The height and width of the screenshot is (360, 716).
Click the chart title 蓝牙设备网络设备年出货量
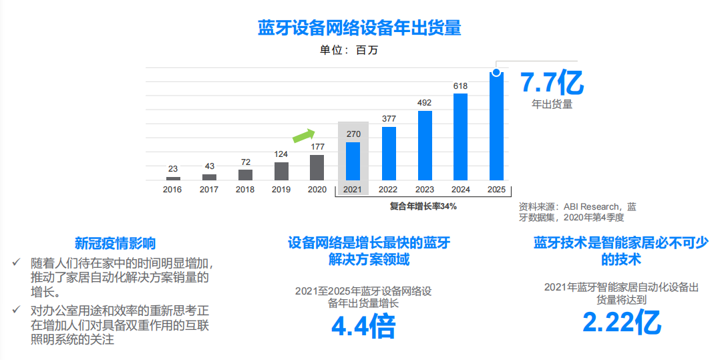pos(359,29)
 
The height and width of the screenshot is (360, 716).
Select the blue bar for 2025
pos(497,127)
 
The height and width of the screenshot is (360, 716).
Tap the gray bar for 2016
pos(173,178)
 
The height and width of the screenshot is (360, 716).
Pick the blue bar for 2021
pos(353,161)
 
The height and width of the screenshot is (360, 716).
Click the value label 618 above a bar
pos(460,86)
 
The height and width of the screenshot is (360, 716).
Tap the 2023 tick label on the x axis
pos(425,190)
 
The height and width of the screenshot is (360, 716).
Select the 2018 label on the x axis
pos(245,190)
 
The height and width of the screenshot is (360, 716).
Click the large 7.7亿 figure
pos(552,83)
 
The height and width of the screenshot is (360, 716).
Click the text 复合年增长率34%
pos(423,206)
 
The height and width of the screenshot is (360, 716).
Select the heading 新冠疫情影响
pos(116,243)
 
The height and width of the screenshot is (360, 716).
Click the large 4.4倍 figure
pos(364,327)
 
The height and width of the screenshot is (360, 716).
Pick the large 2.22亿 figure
pos(622,323)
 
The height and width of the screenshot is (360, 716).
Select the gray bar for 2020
pos(317,168)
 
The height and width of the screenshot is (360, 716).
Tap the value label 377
pos(389,119)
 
